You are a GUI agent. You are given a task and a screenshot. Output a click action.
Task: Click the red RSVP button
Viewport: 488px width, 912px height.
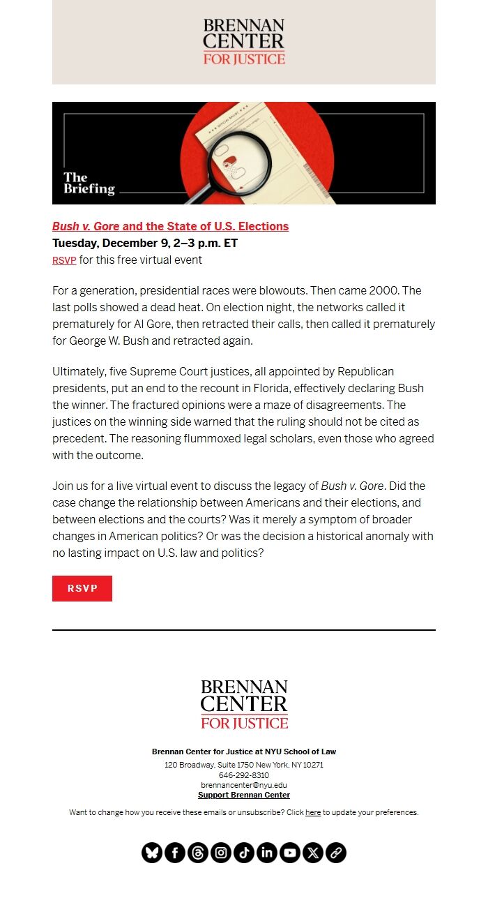click(82, 588)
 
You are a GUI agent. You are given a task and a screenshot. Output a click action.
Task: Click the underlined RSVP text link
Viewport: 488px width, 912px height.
click(64, 260)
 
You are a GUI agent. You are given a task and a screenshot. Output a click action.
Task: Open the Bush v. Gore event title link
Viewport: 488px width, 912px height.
click(170, 226)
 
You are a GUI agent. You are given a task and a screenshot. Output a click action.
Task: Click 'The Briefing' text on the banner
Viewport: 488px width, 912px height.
click(89, 183)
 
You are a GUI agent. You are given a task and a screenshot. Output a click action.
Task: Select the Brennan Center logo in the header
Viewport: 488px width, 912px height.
click(244, 42)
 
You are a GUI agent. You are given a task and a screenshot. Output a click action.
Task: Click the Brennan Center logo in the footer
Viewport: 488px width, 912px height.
click(244, 705)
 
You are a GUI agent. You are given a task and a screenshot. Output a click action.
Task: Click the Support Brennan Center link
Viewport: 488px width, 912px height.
click(244, 795)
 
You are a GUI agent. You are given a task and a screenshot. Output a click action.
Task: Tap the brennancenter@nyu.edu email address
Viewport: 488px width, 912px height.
click(244, 785)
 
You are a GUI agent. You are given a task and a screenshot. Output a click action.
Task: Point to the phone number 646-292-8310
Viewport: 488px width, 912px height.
click(244, 775)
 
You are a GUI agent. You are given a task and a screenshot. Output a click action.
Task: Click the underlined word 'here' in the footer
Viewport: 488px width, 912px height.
click(313, 812)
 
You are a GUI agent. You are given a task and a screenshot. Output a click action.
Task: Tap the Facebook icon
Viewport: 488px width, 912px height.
click(175, 853)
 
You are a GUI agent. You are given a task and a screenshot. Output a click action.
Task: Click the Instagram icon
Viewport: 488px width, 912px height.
click(221, 853)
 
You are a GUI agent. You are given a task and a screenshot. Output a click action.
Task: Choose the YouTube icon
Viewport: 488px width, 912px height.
click(290, 853)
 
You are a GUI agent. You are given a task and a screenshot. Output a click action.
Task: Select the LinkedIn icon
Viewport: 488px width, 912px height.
click(267, 853)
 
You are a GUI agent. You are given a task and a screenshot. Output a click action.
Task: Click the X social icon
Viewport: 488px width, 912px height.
click(313, 853)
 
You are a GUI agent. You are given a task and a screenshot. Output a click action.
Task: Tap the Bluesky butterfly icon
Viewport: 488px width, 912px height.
click(152, 853)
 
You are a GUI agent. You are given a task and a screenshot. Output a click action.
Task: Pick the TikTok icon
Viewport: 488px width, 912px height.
click(244, 853)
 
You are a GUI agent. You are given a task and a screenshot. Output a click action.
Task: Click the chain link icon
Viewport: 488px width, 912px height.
click(336, 853)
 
